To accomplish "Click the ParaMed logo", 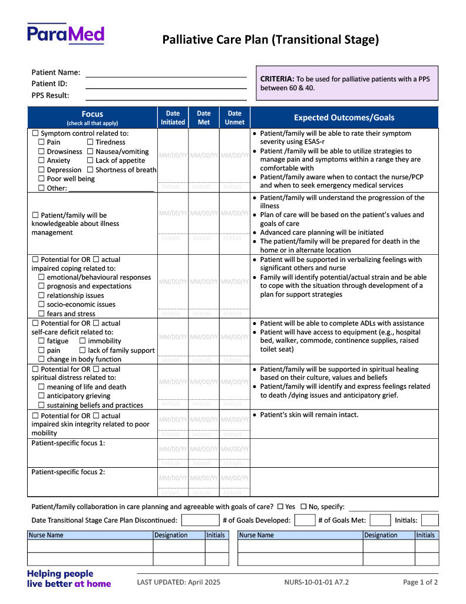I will coord(65,34).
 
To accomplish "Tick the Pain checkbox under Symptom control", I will coord(41,142).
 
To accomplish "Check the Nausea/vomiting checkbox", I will coord(90,152).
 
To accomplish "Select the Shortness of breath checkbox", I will coord(90,170).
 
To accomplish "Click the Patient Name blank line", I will coord(166,73).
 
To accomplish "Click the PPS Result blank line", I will coord(166,96).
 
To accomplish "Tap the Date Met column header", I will coord(204,117).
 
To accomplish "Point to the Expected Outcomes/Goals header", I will coord(344,117).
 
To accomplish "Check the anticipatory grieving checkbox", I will coord(41,396).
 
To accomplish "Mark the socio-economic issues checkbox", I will coord(41,304).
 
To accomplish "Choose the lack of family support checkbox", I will coord(82,350).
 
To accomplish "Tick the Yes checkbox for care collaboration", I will coord(280,507).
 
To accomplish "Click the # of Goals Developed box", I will coord(305,520).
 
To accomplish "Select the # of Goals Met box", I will coord(380,520).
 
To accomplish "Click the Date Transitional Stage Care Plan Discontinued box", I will coord(200,520).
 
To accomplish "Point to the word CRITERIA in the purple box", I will coord(277,78).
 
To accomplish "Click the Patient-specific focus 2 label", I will coord(68,472).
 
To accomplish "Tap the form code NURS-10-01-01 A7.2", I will coord(316,582).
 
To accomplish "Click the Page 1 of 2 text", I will coord(420,582).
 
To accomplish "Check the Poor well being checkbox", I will coord(41,179).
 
